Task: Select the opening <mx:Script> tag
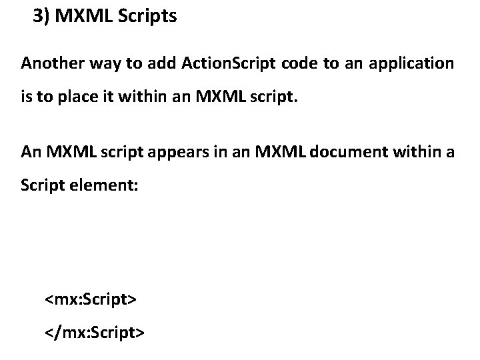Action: pyautogui.click(x=91, y=299)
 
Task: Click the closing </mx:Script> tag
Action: pyautogui.click(x=93, y=331)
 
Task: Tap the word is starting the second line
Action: pyautogui.click(x=26, y=99)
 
